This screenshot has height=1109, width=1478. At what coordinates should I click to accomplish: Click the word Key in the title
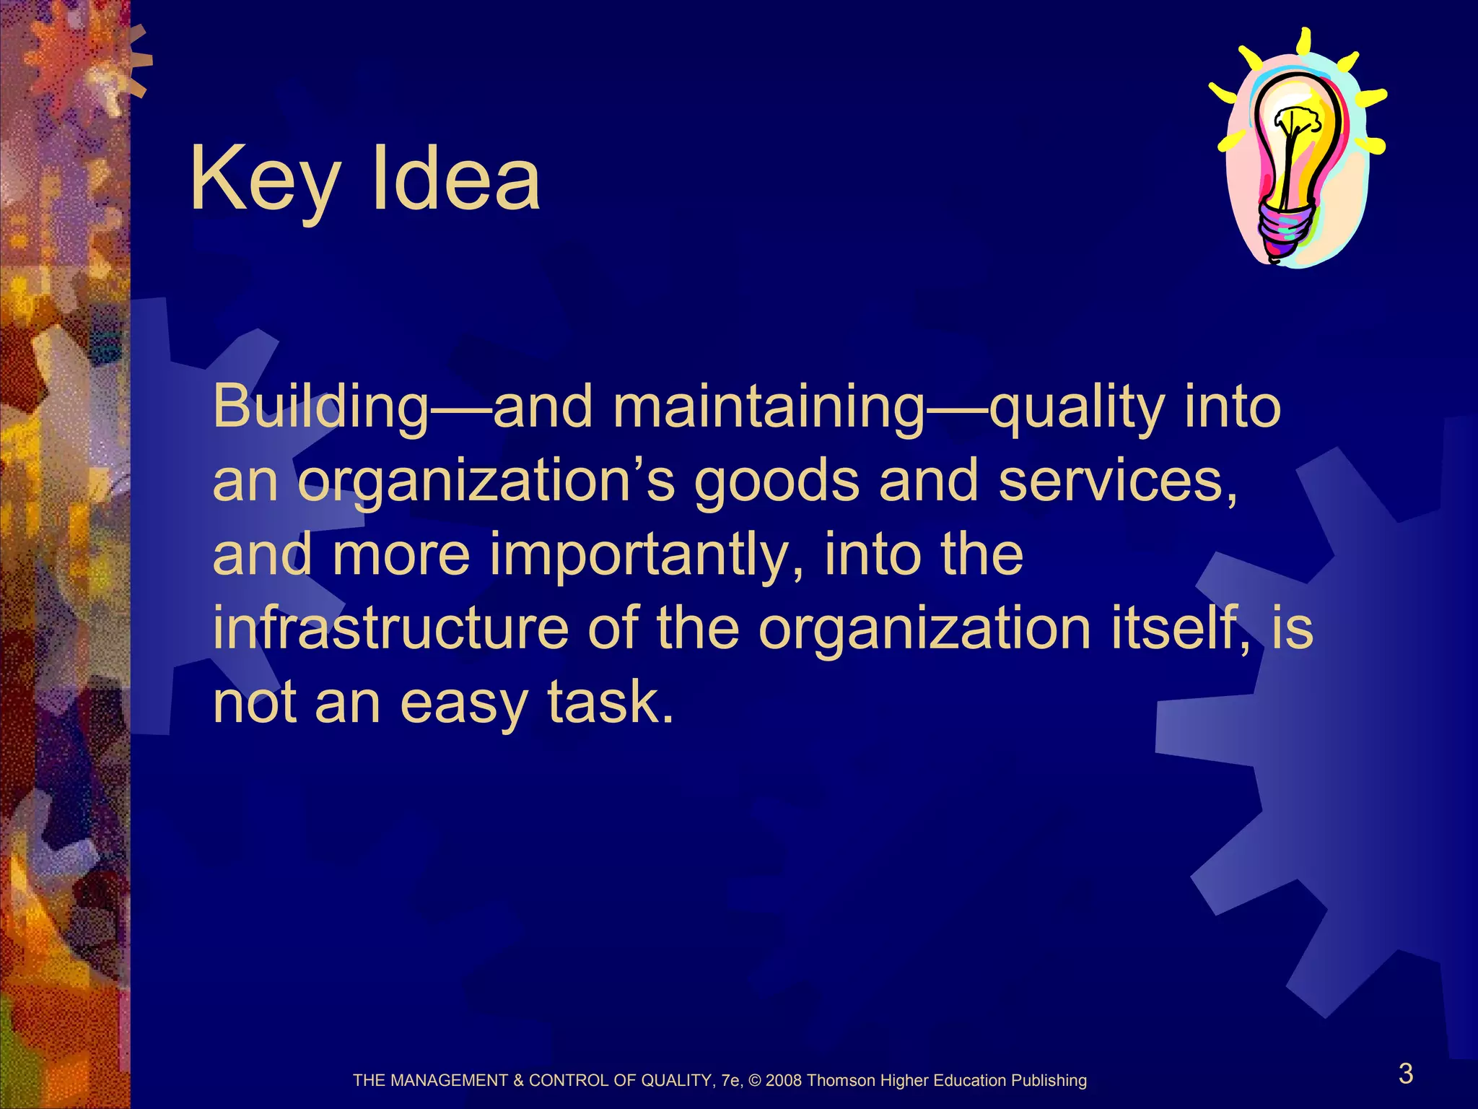click(264, 181)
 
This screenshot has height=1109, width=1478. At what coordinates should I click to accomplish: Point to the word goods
click(777, 482)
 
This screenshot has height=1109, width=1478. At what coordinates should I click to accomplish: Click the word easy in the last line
click(463, 705)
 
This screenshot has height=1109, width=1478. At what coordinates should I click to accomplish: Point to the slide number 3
click(1405, 1074)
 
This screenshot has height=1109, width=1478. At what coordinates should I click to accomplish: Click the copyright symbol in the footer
click(756, 1081)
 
